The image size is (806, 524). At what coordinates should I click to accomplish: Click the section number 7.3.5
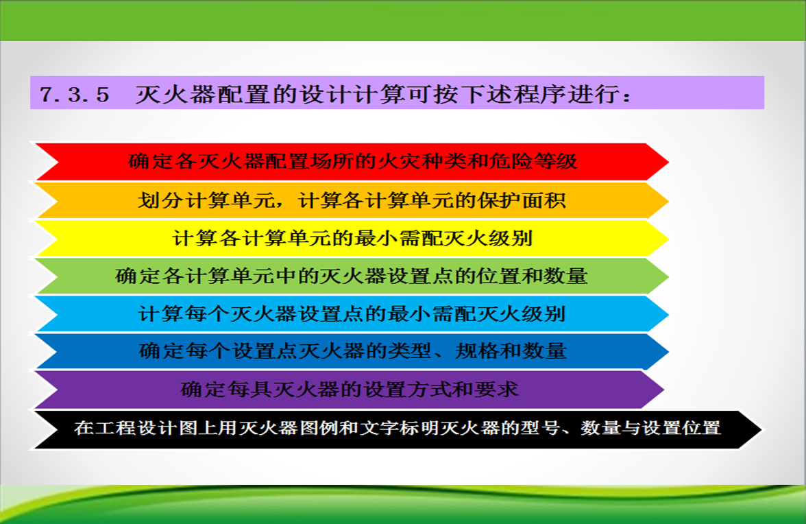[x=75, y=94]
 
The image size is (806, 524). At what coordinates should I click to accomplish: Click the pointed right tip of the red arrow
[x=669, y=161]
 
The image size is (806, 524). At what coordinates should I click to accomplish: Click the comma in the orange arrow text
[x=281, y=204]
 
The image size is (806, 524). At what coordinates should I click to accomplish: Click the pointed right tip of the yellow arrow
[x=669, y=238]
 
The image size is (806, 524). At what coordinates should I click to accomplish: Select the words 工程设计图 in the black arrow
[x=147, y=428]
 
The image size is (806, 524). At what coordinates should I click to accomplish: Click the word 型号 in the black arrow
[x=539, y=428]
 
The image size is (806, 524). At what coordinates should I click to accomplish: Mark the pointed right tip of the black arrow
[x=762, y=429]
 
